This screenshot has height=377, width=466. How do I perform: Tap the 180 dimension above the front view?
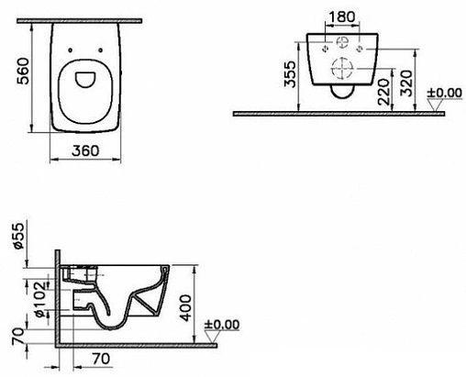pyautogui.click(x=342, y=18)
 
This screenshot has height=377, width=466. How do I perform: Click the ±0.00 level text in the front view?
pyautogui.click(x=444, y=93)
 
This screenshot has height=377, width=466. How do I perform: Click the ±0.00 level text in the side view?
pyautogui.click(x=221, y=323)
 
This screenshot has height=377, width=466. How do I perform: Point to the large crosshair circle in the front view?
pyautogui.click(x=342, y=70)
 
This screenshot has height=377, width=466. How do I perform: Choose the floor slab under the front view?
pyautogui.click(x=349, y=114)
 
